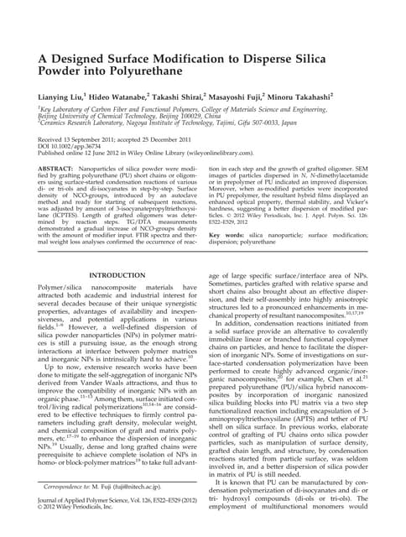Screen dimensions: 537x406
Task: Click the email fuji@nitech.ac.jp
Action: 122,508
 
